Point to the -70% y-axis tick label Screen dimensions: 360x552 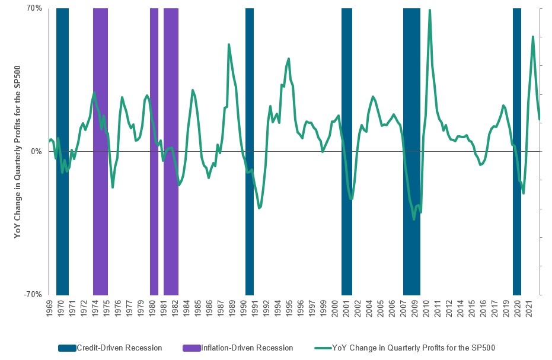pos(33,294)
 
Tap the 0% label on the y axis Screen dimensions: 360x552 pos(36,152)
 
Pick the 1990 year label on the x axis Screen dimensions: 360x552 pos(243,309)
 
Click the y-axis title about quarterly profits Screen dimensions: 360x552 pos(18,152)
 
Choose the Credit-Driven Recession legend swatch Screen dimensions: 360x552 pos(67,348)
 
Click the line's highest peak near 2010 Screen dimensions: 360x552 pos(429,10)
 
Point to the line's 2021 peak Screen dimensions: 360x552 pos(533,37)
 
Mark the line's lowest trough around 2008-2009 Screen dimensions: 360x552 pos(414,219)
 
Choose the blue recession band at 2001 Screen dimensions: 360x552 pos(347,89)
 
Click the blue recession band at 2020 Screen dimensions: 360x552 pos(517,89)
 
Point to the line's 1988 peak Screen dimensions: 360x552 pos(229,44)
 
